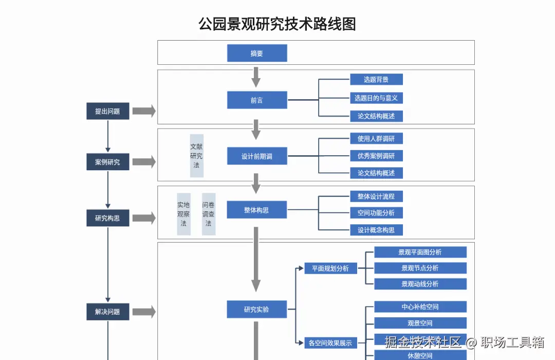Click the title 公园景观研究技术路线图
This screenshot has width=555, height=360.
coord(277,24)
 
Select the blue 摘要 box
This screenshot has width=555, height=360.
coord(257,53)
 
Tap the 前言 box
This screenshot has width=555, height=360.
coord(257,100)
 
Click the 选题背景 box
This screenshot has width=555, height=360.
coord(376,79)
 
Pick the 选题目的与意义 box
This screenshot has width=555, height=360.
coord(376,98)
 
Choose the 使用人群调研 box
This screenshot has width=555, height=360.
coord(376,138)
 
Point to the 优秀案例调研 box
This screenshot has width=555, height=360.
coord(376,156)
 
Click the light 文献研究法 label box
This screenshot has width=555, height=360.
coord(196,155)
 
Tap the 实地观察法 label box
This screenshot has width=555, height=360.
coord(183,214)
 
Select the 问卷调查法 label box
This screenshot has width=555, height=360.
coord(208,214)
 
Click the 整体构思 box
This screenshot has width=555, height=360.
coord(257,210)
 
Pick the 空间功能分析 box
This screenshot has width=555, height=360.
coord(376,213)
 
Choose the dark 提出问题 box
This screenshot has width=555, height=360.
coord(107,111)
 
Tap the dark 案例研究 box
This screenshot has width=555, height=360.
coord(107,162)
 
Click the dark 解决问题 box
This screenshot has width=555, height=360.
coord(107,312)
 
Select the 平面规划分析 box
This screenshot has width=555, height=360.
coord(330,268)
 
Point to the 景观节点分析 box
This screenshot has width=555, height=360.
coord(420,268)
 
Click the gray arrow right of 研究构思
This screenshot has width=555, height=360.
coord(144,218)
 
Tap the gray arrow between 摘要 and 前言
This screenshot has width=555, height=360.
coord(256,77)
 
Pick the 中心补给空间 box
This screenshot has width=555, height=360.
coord(420,307)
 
